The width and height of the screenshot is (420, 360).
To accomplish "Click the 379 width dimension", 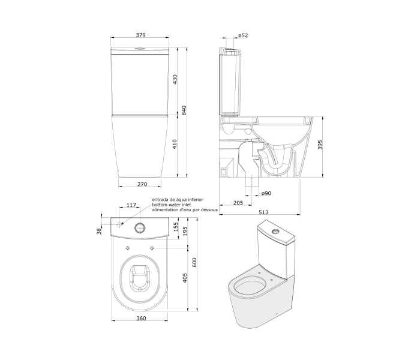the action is (x=140, y=35).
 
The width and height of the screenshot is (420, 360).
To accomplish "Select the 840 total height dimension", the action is (x=184, y=110).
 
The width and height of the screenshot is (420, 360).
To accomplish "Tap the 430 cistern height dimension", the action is (x=175, y=80).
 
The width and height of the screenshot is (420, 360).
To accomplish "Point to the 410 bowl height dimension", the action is (x=175, y=144).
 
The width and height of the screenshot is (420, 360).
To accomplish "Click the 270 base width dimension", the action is (x=142, y=184).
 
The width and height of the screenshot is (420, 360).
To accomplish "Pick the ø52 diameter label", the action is (x=243, y=35).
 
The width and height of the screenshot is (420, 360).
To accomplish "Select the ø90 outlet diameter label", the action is (x=266, y=193).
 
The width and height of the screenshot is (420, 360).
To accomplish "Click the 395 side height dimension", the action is (x=320, y=145).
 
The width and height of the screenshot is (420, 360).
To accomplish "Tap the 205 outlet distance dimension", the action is (x=238, y=203).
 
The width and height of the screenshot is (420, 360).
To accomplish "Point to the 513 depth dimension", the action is (x=263, y=212).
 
